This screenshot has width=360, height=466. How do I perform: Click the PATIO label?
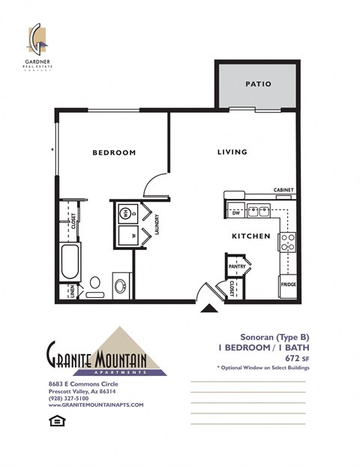point(257,85)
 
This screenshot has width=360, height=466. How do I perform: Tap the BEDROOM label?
point(114,152)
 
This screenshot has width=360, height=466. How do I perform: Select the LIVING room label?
point(232,152)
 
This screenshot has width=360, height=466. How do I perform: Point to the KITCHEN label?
point(250,236)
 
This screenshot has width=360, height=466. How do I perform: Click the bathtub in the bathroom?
point(70,262)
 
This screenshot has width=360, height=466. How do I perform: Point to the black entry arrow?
point(208,307)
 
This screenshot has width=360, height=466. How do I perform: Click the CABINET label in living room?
point(283,190)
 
